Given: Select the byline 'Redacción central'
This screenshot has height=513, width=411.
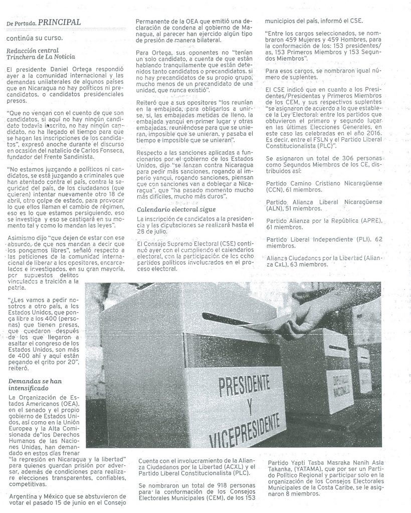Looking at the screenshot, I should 33,50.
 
